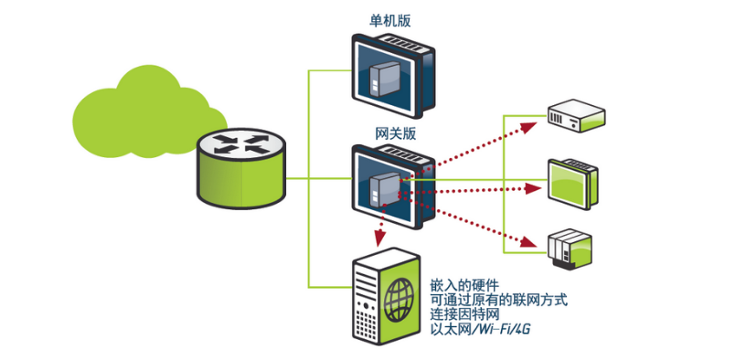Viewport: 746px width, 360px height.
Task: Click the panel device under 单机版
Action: (x=395, y=74)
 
